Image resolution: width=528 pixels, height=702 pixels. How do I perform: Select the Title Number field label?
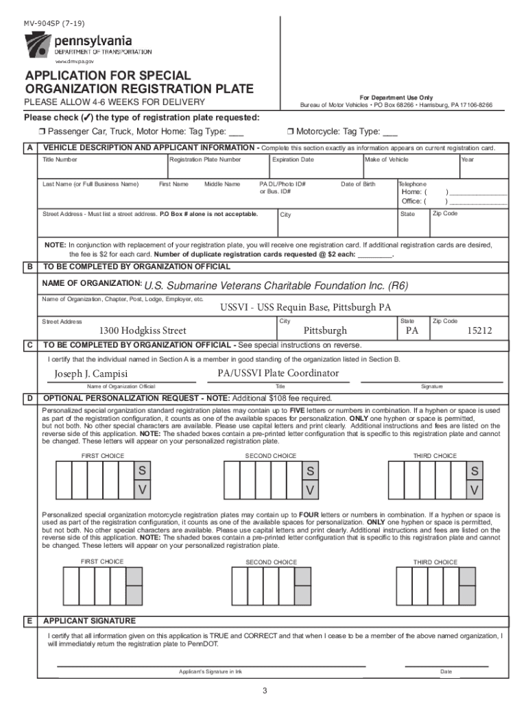[60, 160]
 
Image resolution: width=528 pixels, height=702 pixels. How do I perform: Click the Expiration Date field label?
[293, 160]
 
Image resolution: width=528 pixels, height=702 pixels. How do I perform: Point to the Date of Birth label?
[358, 184]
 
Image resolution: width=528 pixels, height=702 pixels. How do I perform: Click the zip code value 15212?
[479, 330]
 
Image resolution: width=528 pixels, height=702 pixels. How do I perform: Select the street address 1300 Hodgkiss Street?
[143, 330]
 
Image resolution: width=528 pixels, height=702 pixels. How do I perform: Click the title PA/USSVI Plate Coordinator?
[278, 374]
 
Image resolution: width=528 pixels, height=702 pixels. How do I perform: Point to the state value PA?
[412, 330]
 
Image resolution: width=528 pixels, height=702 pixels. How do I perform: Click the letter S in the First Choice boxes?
[142, 471]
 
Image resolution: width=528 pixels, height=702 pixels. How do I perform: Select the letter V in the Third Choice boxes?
[475, 490]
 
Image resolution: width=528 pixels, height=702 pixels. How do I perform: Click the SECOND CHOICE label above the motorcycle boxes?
[271, 562]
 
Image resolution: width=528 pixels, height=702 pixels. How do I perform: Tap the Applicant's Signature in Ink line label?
[211, 671]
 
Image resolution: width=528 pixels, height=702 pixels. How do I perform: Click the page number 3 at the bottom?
[264, 689]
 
